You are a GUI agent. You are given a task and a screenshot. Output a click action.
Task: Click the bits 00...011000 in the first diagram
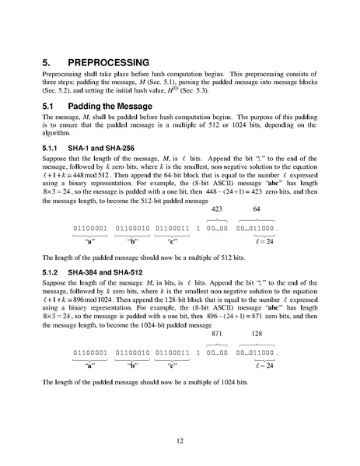[259, 228]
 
